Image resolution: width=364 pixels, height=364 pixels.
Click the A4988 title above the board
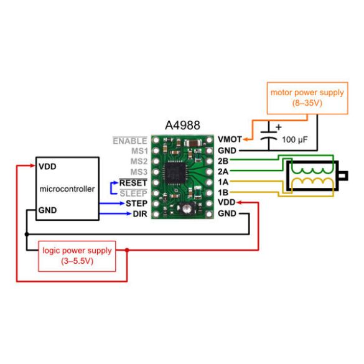click(x=182, y=126)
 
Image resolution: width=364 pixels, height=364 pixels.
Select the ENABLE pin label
click(x=130, y=141)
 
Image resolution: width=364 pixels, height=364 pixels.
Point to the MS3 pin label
click(x=138, y=172)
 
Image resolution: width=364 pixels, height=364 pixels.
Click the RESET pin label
click(x=133, y=183)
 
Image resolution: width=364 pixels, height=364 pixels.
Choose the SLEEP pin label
click(x=133, y=194)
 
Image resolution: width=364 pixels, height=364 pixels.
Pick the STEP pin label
click(x=136, y=203)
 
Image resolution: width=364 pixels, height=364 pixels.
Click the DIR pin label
click(x=139, y=214)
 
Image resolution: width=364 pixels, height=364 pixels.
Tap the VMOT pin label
click(x=230, y=140)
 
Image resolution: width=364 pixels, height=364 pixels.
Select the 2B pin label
click(x=223, y=161)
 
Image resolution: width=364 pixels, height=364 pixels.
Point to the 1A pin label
click(x=223, y=182)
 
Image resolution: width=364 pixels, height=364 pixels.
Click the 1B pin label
click(x=223, y=193)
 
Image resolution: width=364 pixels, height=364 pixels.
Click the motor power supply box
click(x=307, y=98)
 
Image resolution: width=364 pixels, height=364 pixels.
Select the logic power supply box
click(x=77, y=256)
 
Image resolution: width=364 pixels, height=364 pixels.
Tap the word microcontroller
click(x=67, y=189)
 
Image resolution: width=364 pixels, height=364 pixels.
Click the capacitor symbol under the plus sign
click(x=269, y=140)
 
